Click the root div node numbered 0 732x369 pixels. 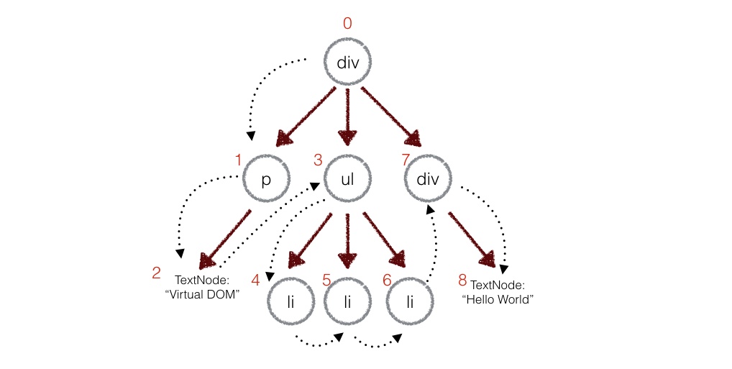(347, 63)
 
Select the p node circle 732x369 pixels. (265, 178)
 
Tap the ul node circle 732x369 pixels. (347, 178)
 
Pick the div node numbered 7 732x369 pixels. (429, 178)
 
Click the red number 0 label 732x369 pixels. (347, 24)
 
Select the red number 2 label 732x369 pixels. (156, 273)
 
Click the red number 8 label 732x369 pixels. (462, 277)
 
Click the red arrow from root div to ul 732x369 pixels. (348, 114)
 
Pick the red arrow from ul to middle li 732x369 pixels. (348, 237)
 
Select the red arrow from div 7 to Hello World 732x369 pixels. (471, 237)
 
